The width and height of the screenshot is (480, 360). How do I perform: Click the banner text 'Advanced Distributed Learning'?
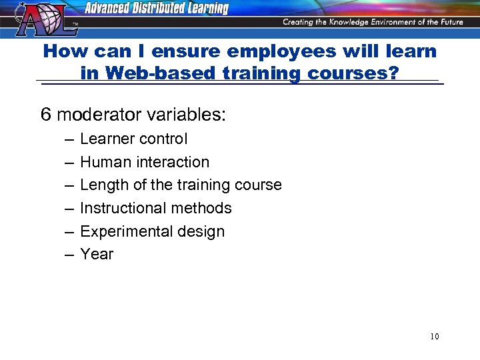tap(156, 9)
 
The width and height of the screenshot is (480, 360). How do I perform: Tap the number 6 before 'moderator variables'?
tap(46, 115)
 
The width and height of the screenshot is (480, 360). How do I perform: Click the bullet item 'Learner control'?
tap(133, 139)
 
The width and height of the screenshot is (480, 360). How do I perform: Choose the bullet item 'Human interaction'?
tap(144, 162)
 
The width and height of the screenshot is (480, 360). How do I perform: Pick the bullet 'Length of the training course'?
tap(181, 185)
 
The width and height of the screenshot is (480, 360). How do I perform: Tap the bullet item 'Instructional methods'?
tap(155, 208)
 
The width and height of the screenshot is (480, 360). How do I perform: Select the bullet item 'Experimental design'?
tap(152, 231)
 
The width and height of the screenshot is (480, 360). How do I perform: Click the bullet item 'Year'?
tap(97, 254)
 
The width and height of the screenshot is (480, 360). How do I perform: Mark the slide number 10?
tap(434, 336)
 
